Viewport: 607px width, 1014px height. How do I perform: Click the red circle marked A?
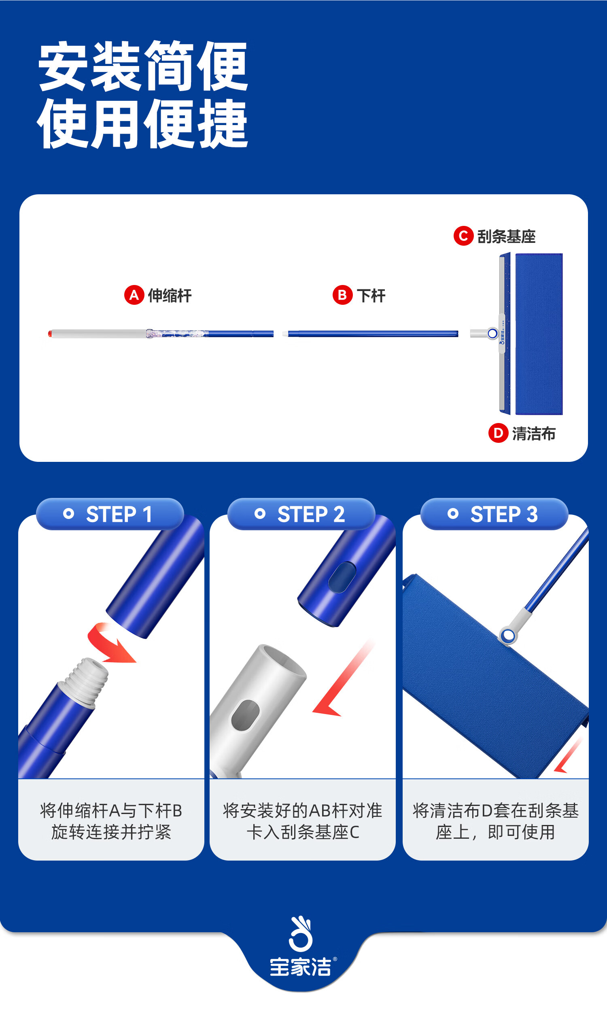click(134, 295)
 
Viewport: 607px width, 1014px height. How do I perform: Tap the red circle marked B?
click(342, 295)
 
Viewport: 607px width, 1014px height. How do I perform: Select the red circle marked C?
click(463, 236)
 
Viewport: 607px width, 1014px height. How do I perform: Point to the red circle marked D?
click(498, 433)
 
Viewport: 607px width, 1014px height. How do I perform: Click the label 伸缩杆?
click(170, 295)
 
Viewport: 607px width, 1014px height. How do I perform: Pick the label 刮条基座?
click(506, 236)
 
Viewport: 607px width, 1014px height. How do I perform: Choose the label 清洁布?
click(534, 434)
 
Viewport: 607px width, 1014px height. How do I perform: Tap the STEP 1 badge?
click(110, 514)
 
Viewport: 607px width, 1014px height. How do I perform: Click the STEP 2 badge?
click(301, 514)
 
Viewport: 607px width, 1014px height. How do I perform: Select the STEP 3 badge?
click(494, 514)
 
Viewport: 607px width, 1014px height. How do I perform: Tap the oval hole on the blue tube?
click(342, 577)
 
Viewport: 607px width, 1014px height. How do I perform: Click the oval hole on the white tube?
click(245, 715)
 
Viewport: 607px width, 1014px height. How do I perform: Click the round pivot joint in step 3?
click(508, 636)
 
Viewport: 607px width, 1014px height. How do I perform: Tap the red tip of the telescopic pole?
click(50, 334)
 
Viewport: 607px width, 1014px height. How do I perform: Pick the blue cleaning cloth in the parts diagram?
click(539, 334)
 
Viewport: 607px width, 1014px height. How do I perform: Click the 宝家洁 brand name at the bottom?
click(300, 967)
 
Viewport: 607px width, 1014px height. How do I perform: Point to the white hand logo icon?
click(301, 934)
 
